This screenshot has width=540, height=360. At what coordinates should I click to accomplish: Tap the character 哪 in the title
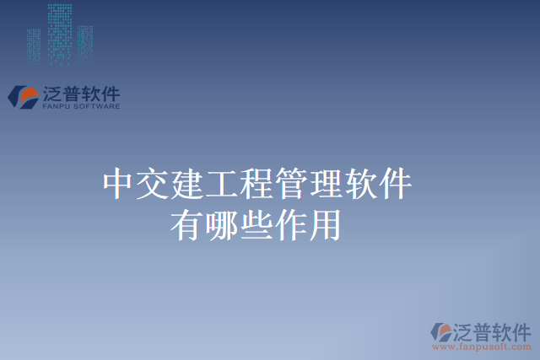(221, 224)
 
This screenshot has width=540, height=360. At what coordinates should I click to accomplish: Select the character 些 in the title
(256, 224)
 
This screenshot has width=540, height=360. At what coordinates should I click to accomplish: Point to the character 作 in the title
(290, 224)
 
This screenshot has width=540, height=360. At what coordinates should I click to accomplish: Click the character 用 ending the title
(325, 224)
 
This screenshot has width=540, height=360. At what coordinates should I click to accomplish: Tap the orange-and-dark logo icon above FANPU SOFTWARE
(23, 96)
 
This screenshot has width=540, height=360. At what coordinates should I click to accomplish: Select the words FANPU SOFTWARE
(81, 107)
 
